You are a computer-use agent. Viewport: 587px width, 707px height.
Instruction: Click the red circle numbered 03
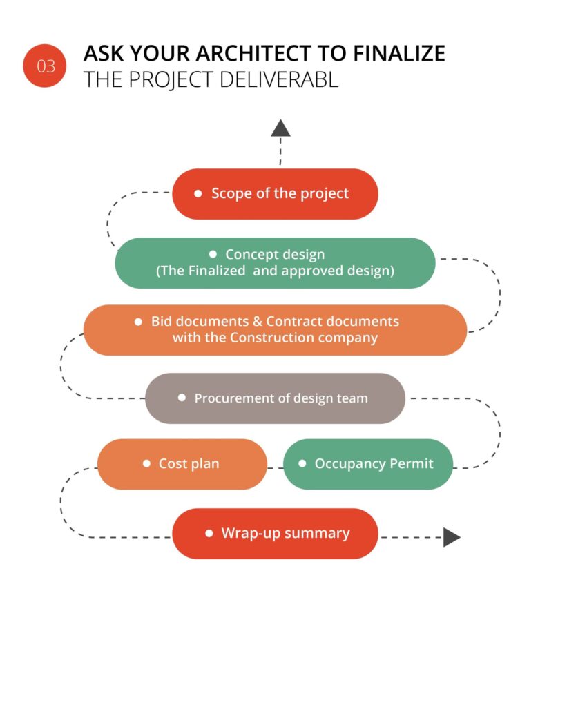click(x=45, y=66)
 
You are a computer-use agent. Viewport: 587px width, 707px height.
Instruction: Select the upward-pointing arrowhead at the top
click(x=280, y=128)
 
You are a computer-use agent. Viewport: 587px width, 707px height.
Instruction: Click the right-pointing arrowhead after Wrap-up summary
click(x=452, y=536)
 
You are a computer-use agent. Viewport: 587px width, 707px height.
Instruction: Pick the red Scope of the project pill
click(x=275, y=194)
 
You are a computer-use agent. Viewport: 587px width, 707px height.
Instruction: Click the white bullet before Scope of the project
click(x=198, y=194)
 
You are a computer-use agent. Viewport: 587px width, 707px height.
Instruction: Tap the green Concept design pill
click(x=275, y=263)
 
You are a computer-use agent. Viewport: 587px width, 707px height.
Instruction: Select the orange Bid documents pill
click(x=275, y=330)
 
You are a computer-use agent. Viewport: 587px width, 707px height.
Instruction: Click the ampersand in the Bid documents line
click(x=258, y=322)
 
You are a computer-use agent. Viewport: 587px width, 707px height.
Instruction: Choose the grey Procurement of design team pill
click(x=275, y=398)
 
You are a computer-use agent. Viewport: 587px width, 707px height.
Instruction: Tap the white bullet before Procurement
click(x=182, y=398)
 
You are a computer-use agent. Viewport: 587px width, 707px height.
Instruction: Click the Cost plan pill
click(x=182, y=464)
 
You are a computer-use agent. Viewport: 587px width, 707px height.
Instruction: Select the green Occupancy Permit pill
click(x=368, y=464)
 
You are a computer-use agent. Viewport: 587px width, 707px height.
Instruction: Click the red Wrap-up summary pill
click(x=275, y=534)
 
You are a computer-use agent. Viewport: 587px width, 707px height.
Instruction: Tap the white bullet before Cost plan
click(x=146, y=464)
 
